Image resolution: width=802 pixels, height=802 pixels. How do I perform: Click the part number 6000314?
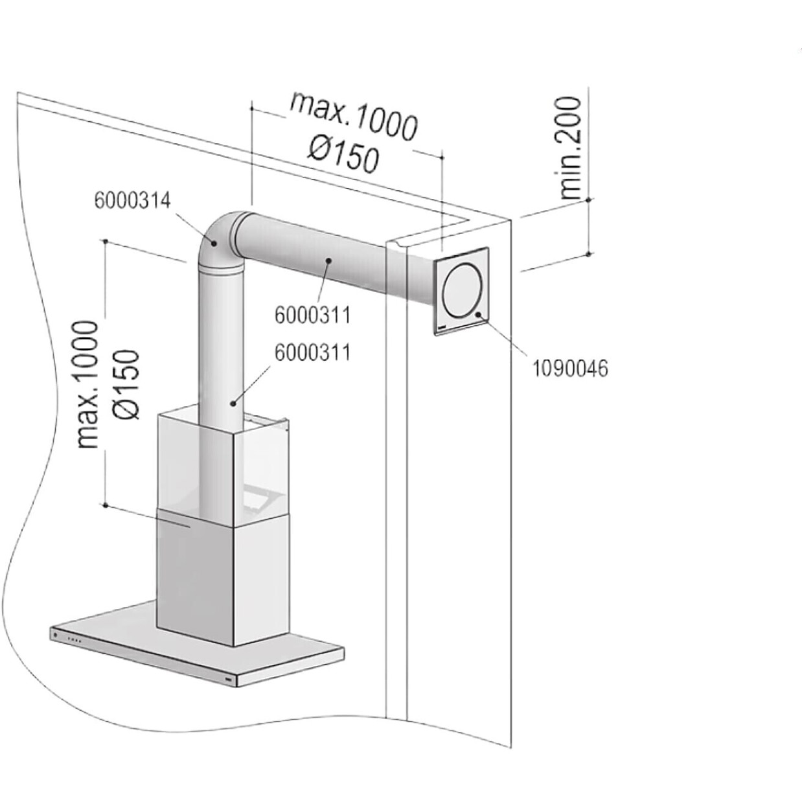(132, 201)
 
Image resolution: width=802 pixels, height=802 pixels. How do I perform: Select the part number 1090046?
(571, 369)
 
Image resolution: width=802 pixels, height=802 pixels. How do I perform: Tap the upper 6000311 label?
(313, 315)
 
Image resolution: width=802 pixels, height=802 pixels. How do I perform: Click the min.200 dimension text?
(570, 148)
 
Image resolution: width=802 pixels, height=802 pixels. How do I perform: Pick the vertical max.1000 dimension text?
(88, 385)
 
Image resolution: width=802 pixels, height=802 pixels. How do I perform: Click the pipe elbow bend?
(216, 242)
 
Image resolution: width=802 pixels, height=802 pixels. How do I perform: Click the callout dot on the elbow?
(214, 244)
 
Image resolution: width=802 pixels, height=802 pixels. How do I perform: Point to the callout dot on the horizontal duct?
(328, 261)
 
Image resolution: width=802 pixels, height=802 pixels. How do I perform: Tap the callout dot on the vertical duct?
(233, 403)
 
